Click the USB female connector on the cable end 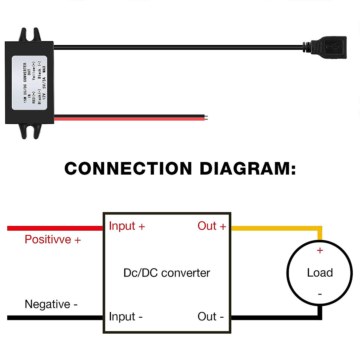[x=328, y=47]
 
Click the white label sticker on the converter [x=29, y=82]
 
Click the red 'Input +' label [x=127, y=226]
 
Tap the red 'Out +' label [x=211, y=226]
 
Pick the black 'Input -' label [x=126, y=316]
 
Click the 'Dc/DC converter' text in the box [x=167, y=273]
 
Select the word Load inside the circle [x=320, y=273]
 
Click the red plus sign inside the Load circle [x=320, y=250]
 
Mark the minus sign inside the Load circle [x=320, y=294]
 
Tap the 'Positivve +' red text [x=53, y=240]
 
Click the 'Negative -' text [x=51, y=304]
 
